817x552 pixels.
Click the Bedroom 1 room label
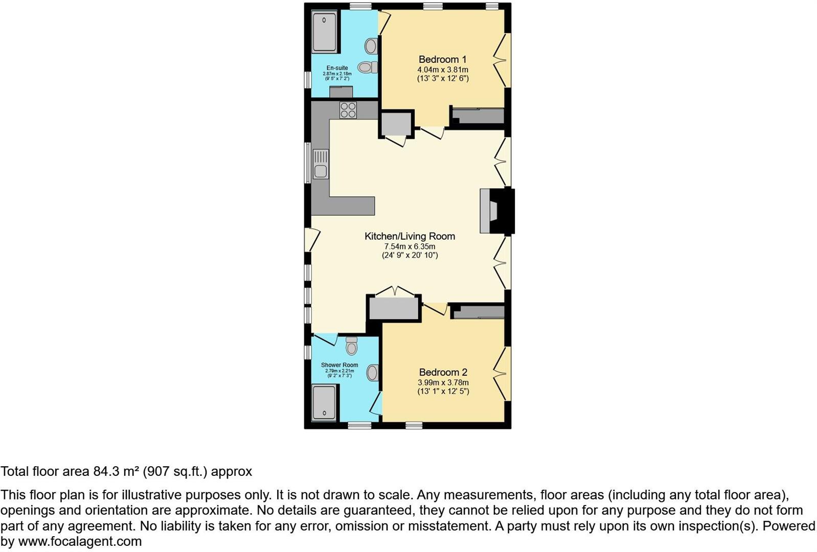442,59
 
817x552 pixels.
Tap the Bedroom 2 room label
443,372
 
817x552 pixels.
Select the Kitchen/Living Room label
410,236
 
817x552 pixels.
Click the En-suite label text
337,68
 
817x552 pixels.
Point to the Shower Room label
339,365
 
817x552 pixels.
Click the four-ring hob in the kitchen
348,110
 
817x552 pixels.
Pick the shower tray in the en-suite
324,32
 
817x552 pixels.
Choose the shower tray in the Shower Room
324,402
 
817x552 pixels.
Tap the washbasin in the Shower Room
373,373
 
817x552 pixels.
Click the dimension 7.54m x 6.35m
410,246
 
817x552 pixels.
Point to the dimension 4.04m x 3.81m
443,70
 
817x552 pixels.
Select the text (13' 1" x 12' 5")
443,392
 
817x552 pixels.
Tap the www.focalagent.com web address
80,541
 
